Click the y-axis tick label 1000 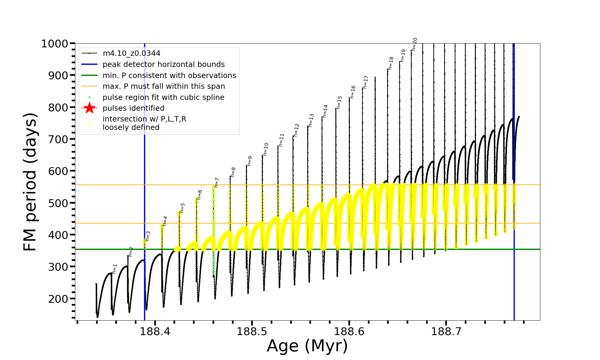tap(55, 44)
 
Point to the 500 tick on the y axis tap(58, 203)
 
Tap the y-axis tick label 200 tap(58, 299)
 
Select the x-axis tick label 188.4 tap(155, 331)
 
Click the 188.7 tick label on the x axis tap(446, 331)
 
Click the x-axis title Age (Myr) tap(307, 346)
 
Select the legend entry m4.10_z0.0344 tap(131, 53)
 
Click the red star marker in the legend tap(89, 108)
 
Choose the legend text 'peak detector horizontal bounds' tap(163, 64)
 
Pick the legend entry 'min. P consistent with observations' tap(169, 75)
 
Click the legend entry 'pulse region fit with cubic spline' tap(163, 97)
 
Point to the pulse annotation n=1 tap(115, 269)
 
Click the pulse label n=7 tap(217, 183)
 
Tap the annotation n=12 tap(296, 130)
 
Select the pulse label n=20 tap(414, 44)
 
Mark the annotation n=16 tap(352, 92)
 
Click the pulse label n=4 tap(165, 221)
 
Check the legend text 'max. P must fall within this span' tap(163, 86)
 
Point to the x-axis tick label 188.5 tap(252, 331)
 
